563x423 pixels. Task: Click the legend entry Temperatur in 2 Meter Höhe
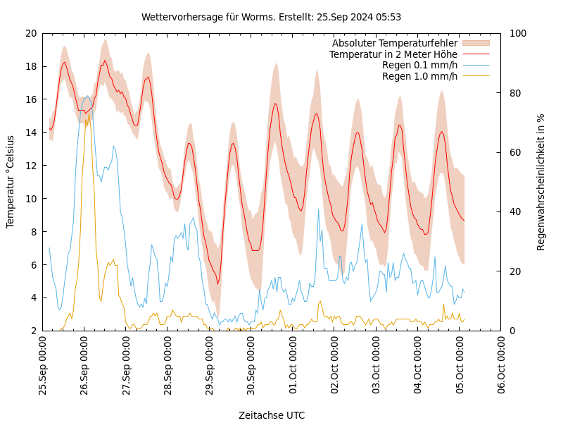[393, 54]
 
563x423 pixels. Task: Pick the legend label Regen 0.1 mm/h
[419, 65]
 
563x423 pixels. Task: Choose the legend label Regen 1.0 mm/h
[419, 76]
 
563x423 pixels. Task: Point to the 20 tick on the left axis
[30, 33]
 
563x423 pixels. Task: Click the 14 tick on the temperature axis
[30, 133]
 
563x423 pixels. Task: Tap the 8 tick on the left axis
[33, 232]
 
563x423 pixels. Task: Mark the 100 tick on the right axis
[518, 33]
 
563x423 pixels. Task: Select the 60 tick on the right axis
[515, 152]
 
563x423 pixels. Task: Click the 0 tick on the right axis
[512, 331]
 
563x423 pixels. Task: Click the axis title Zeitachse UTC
[272, 415]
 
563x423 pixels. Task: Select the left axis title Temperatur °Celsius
[11, 182]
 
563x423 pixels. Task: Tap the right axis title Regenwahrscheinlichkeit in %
[541, 182]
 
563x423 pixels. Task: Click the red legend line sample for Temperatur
[475, 54]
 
